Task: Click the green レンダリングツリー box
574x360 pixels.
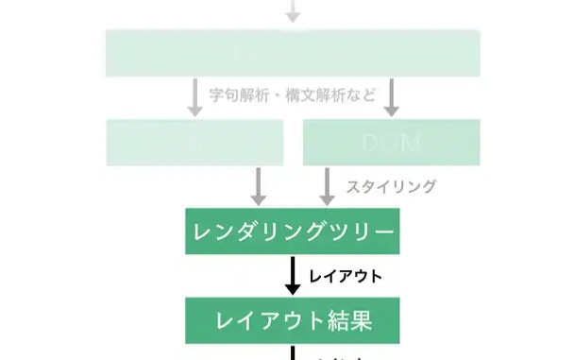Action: pyautogui.click(x=292, y=231)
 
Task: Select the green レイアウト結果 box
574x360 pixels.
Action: pyautogui.click(x=292, y=319)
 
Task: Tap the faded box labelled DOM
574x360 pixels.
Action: pyautogui.click(x=391, y=143)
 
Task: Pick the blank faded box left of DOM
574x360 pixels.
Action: pyautogui.click(x=194, y=143)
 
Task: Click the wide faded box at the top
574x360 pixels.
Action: pyautogui.click(x=292, y=53)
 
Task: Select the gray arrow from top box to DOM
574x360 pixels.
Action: pyautogui.click(x=391, y=96)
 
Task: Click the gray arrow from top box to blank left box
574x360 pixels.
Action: pyautogui.click(x=194, y=96)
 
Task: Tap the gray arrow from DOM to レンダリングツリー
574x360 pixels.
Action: pyautogui.click(x=327, y=186)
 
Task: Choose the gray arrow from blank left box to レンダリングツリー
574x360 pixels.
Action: pyautogui.click(x=258, y=186)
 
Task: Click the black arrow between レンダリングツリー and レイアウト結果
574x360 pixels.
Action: pyautogui.click(x=292, y=275)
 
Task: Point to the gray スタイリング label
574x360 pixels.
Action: pyautogui.click(x=391, y=187)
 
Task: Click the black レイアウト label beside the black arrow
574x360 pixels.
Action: pyautogui.click(x=346, y=276)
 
